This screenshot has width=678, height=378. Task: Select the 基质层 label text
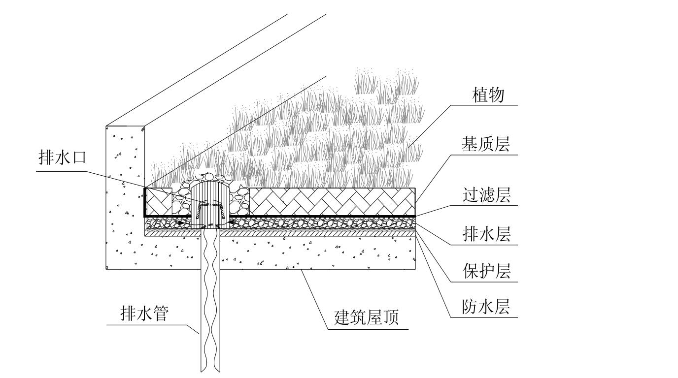point(485,144)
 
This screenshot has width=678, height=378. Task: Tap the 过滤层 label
point(486,194)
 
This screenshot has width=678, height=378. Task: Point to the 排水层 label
point(486,234)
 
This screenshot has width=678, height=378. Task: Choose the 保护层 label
point(486,271)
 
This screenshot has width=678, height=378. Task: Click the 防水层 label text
point(486,306)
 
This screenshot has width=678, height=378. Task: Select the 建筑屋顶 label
point(367,317)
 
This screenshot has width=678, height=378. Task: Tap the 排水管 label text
point(144,313)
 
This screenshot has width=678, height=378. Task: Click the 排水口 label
point(63,157)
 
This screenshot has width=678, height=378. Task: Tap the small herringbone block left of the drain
point(159,202)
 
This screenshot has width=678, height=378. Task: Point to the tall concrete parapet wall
point(125,196)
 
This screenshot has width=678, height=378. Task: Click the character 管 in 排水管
point(161,313)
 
